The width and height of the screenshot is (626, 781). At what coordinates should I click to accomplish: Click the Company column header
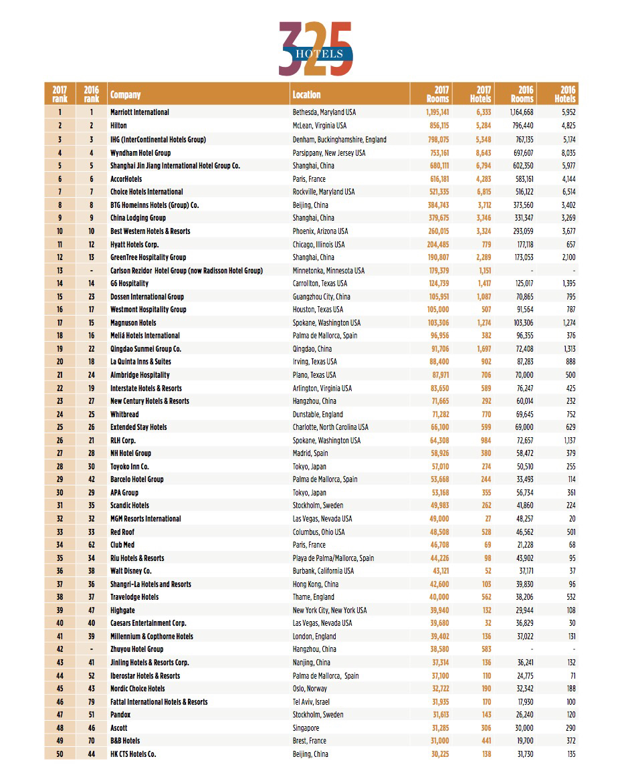(126, 94)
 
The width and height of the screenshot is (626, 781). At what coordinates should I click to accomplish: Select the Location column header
(306, 94)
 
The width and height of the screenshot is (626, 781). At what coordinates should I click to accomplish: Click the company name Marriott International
(140, 112)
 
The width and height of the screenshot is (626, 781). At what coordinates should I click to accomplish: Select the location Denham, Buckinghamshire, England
(339, 139)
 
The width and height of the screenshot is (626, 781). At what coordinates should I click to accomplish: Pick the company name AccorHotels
(126, 179)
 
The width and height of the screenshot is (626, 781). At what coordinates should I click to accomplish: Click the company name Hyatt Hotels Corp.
(134, 244)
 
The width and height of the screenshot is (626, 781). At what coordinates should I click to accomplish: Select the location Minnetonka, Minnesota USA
(328, 270)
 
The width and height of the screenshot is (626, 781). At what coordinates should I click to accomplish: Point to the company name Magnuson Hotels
(133, 322)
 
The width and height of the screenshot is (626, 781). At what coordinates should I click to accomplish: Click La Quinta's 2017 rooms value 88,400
(437, 362)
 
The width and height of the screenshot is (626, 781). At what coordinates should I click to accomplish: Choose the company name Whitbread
(125, 414)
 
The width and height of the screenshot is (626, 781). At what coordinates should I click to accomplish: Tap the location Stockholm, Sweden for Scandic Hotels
(318, 506)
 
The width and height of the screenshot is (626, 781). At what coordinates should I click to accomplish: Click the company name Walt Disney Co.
(131, 571)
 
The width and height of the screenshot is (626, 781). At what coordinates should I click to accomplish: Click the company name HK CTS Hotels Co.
(134, 754)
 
